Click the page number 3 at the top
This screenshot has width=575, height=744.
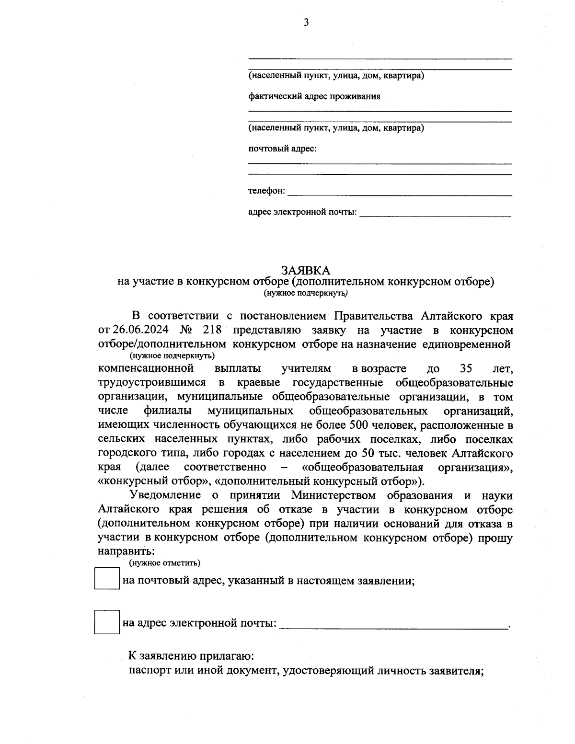click(x=306, y=22)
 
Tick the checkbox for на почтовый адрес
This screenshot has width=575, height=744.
click(x=106, y=579)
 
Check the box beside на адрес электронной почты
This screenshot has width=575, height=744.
click(x=106, y=621)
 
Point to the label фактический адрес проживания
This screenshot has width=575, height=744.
click(x=314, y=96)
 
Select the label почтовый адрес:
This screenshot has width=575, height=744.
click(x=282, y=149)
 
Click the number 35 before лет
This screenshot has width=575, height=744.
click(x=465, y=369)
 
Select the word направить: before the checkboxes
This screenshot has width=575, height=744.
click(x=126, y=551)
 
